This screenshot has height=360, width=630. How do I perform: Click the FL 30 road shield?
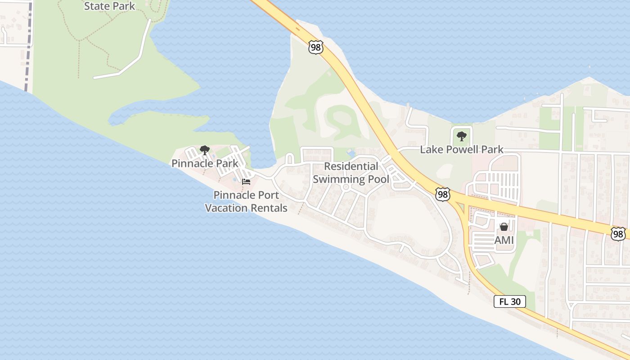(510, 301)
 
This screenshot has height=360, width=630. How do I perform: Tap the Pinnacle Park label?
(205, 163)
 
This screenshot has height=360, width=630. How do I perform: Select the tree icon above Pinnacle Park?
(205, 150)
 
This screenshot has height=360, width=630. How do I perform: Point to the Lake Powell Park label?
(461, 149)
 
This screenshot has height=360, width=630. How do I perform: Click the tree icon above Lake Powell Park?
(461, 136)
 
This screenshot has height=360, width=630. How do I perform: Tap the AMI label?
(504, 240)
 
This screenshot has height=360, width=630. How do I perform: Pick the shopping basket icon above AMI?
(504, 227)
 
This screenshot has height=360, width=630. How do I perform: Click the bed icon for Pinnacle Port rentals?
(246, 182)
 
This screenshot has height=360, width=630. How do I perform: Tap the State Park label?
(109, 6)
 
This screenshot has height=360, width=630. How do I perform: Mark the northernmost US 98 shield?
(316, 47)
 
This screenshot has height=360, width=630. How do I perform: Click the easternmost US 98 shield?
(619, 233)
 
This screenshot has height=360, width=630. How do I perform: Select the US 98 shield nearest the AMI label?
(443, 194)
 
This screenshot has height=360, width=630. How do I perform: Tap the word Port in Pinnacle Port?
(269, 195)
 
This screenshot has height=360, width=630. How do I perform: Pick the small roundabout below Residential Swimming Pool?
(346, 187)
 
